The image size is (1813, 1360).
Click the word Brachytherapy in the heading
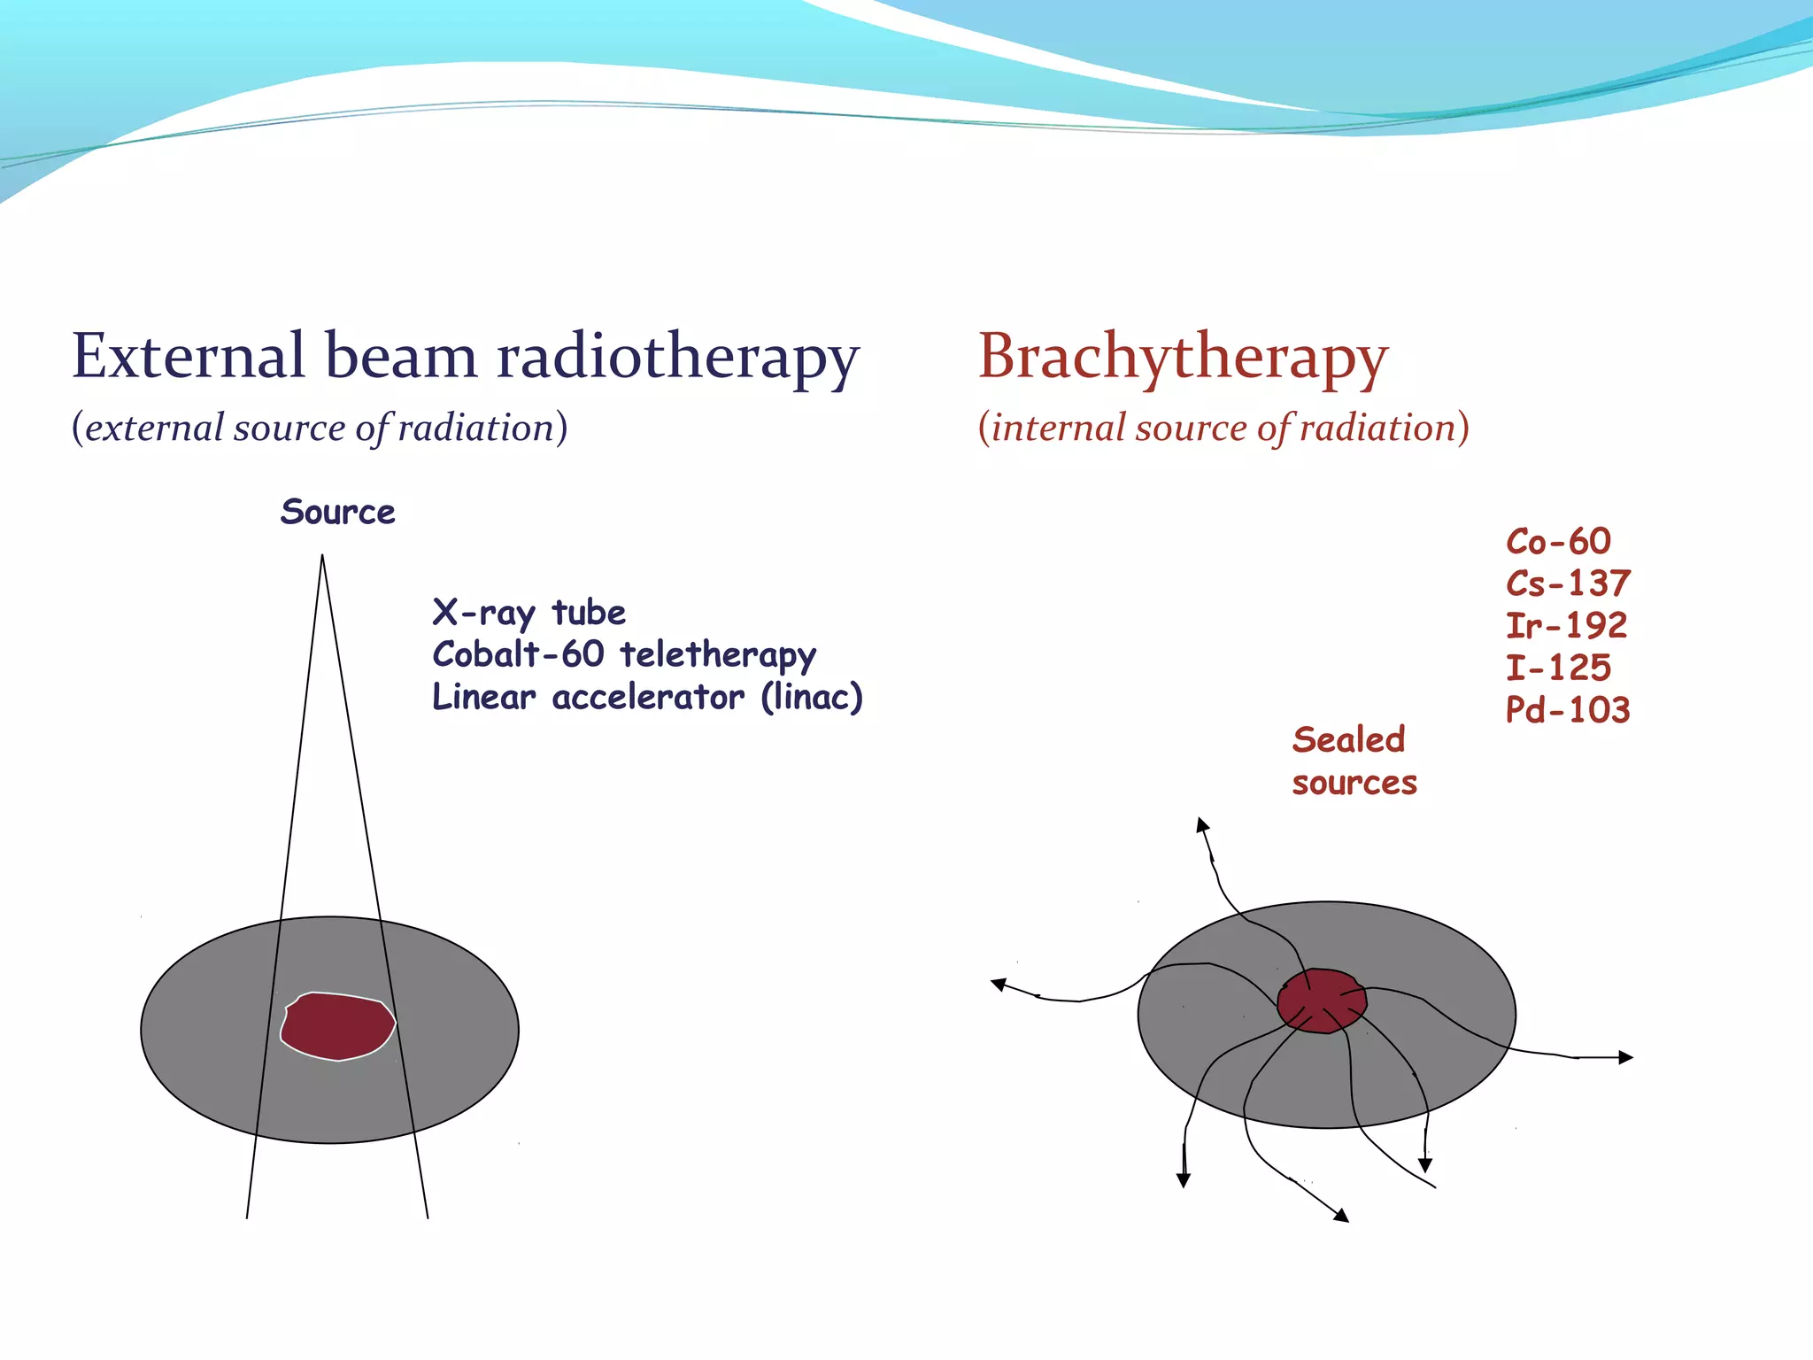pos(1183,358)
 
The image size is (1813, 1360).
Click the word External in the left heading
pos(188,356)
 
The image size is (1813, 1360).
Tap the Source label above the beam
pos(337,513)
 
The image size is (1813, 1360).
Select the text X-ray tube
pos(528,613)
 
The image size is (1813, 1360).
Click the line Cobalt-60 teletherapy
pos(624,655)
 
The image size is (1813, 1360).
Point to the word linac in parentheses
pos(812,697)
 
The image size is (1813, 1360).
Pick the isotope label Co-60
pos(1558,542)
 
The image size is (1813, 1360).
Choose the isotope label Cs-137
pos(1568,583)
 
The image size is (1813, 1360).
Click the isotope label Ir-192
pos(1566,626)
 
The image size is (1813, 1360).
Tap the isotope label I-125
pos(1558,668)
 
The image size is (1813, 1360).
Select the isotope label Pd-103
pos(1568,710)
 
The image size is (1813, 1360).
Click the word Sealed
pos(1348,740)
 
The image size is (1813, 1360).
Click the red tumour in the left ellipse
pos(338,1026)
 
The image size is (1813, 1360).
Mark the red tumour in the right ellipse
pos(1323,1001)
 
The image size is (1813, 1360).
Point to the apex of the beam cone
pos(322,556)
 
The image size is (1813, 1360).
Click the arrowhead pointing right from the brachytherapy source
pos(1625,1057)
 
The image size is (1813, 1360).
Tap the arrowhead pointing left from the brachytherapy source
pos(999,984)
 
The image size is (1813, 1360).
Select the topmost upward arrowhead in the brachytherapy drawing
pos(1202,824)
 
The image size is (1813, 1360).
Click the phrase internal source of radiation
pos(1223,428)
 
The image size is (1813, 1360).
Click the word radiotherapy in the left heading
pos(678,356)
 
